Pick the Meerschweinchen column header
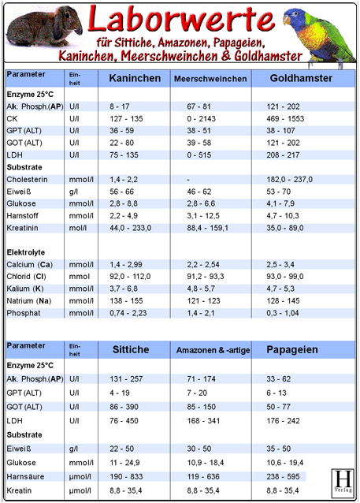click(x=205, y=79)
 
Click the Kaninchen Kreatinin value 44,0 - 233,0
click(x=132, y=228)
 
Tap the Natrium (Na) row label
click(x=31, y=301)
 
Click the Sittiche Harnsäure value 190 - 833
click(x=127, y=477)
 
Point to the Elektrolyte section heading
click(x=26, y=252)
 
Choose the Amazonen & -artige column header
click(x=212, y=350)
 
